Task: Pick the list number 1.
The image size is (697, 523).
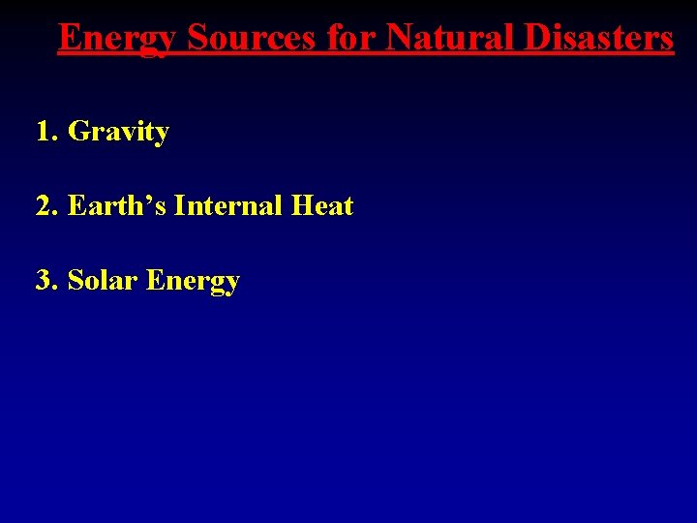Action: [x=44, y=131]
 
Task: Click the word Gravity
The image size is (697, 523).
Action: [x=118, y=132]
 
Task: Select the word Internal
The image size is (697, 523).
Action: [x=227, y=205]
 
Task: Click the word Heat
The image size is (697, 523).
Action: [x=322, y=205]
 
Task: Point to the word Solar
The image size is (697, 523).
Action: [x=103, y=281]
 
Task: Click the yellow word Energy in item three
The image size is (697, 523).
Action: [x=193, y=282]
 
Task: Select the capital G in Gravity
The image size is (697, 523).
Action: [x=77, y=131]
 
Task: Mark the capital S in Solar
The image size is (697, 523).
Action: [x=75, y=281]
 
